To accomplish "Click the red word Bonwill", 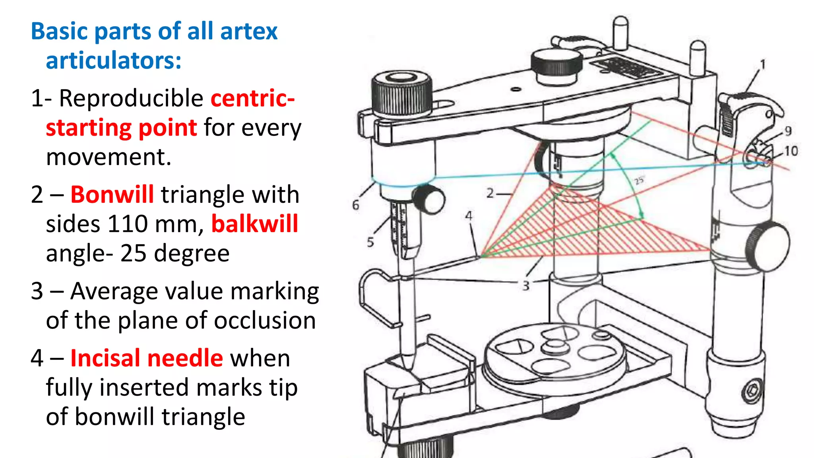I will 112,195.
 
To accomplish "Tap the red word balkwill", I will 254,224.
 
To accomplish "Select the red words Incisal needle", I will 146,358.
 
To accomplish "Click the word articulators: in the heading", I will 114,60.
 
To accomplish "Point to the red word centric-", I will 252,98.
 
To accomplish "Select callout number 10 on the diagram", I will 791,151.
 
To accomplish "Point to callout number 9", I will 788,131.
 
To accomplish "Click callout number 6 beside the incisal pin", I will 356,205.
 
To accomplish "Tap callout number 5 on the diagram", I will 370,242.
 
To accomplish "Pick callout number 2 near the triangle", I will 490,193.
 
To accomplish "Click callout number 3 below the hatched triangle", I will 526,285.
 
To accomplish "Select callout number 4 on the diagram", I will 469,216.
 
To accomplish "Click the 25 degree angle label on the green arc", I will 639,180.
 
